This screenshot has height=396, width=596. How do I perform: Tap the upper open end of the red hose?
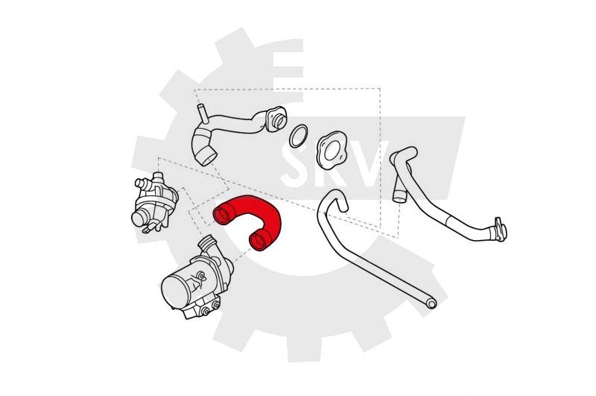point(221,216)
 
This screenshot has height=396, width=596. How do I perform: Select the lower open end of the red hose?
point(259,241)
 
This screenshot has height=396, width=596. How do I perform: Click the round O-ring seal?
point(299,136)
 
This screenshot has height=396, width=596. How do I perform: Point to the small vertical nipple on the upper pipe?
point(202,113)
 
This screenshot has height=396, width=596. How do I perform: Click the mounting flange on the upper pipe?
point(276,119)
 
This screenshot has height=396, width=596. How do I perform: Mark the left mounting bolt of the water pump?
point(206,311)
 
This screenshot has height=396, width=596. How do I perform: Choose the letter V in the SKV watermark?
point(370,164)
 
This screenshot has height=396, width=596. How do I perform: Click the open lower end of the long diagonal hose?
point(431,304)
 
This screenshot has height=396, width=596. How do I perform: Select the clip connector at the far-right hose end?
point(499,230)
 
